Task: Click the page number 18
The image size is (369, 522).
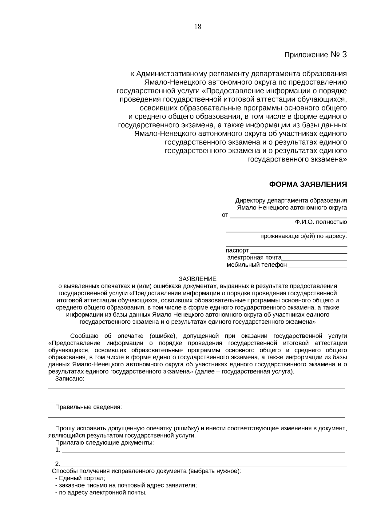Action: pyautogui.click(x=198, y=27)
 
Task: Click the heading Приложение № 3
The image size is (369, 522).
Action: pyautogui.click(x=315, y=55)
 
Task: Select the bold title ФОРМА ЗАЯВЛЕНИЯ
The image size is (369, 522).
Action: pyautogui.click(x=308, y=185)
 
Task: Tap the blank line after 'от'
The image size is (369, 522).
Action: pyautogui.click(x=288, y=215)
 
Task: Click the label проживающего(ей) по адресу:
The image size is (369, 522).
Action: pyautogui.click(x=304, y=236)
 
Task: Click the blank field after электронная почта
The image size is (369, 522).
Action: pyautogui.click(x=314, y=258)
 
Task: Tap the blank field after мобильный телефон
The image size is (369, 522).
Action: pyautogui.click(x=317, y=265)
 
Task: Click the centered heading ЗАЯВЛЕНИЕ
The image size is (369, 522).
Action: pyautogui.click(x=198, y=279)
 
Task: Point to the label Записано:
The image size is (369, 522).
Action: pyautogui.click(x=70, y=379)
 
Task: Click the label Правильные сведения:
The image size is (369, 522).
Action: pyautogui.click(x=89, y=407)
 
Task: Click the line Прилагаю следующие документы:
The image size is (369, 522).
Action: pyautogui.click(x=105, y=443)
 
